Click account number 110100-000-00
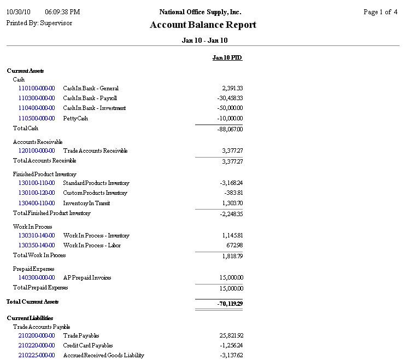(37, 88)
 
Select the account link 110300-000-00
(37, 98)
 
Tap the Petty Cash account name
(75, 118)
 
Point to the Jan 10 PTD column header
(227, 57)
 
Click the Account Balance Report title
(203, 25)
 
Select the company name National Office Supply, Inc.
(200, 12)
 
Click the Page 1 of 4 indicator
(380, 12)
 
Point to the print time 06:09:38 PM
(62, 12)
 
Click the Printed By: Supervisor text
(39, 23)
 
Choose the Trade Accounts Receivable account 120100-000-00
(37, 150)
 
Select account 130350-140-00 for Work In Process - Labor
(37, 246)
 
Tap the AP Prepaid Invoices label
(87, 278)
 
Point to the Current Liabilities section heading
(30, 318)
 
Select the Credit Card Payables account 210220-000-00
(37, 346)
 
